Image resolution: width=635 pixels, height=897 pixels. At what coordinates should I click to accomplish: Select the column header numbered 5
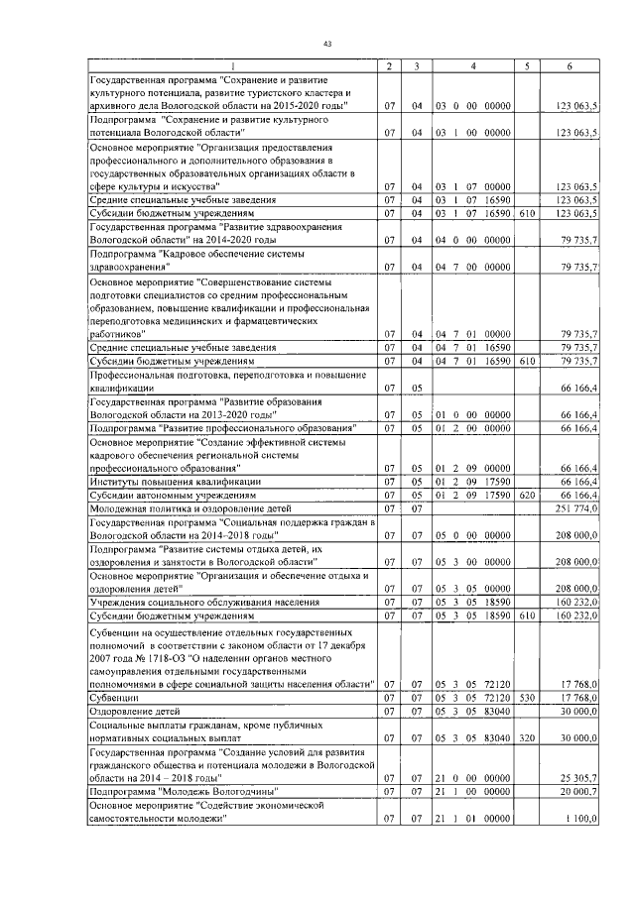526,65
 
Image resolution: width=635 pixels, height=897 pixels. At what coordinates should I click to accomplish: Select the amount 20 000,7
576,792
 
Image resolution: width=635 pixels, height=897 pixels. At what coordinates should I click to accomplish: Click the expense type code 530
527,698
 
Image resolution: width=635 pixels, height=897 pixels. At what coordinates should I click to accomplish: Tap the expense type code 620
527,494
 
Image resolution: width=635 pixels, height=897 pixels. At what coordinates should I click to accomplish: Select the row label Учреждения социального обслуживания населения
204,602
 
